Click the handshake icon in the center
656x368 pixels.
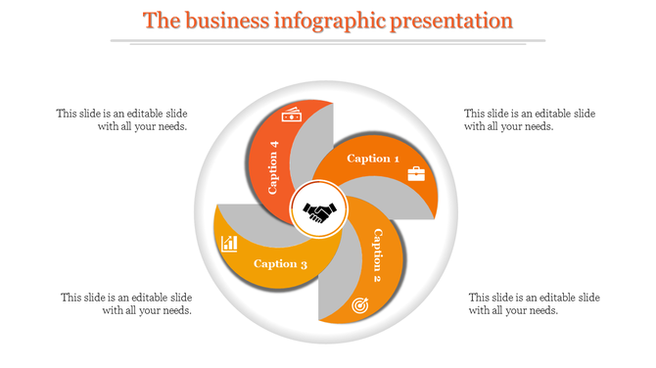[319, 211]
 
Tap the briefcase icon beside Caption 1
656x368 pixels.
[416, 174]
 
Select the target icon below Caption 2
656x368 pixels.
[359, 305]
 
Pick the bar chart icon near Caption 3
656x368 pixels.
[230, 243]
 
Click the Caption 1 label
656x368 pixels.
[374, 159]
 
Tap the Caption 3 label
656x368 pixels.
[281, 263]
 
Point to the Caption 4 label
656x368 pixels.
[274, 166]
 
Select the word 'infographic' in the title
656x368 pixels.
[333, 21]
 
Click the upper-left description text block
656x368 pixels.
[122, 119]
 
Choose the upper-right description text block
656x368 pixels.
[530, 119]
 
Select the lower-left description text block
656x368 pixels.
[126, 303]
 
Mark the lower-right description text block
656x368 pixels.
[535, 303]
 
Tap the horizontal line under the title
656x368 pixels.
[328, 41]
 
